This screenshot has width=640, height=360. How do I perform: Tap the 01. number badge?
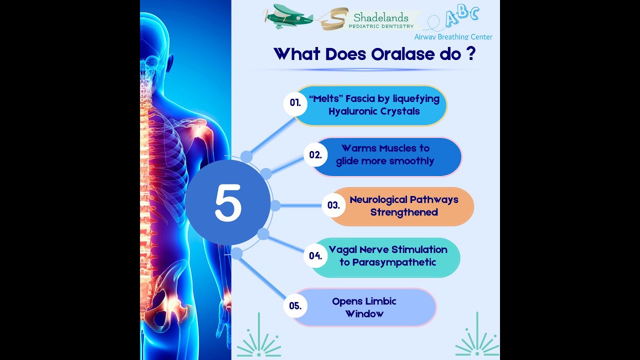point(295,102)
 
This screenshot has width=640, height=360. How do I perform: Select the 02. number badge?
point(315,154)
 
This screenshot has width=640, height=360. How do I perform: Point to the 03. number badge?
point(333,205)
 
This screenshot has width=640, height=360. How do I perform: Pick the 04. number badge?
point(315,255)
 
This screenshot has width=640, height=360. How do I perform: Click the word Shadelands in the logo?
point(381,18)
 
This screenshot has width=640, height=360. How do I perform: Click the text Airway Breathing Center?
point(453,36)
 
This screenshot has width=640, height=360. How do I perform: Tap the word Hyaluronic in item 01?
point(353,111)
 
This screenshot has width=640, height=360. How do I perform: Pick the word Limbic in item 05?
point(380,301)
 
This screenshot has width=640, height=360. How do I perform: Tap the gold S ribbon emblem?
point(333,19)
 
